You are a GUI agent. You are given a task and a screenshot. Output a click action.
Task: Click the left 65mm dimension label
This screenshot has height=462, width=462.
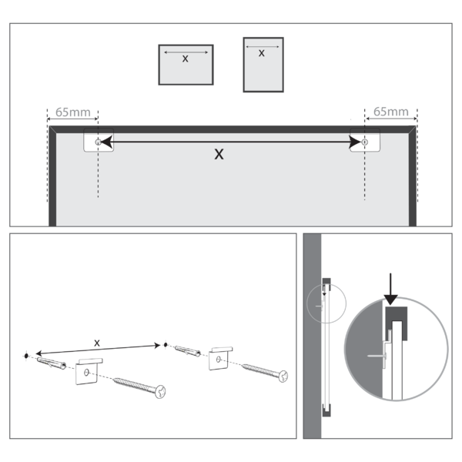click(72, 112)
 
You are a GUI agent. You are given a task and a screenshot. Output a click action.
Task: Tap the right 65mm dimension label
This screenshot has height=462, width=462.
click(391, 112)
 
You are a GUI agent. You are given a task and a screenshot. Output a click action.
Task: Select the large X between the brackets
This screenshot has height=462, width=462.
click(219, 154)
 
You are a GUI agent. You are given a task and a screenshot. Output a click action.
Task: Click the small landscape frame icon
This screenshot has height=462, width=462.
click(186, 65)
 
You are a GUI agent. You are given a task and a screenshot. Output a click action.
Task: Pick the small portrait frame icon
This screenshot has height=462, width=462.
click(262, 65)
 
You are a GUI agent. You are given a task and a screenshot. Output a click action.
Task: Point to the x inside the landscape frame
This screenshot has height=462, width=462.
click(185, 58)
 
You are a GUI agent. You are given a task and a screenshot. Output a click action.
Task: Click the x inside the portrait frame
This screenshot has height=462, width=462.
click(262, 53)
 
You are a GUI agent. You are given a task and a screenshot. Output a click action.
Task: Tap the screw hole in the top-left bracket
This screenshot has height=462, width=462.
click(96, 142)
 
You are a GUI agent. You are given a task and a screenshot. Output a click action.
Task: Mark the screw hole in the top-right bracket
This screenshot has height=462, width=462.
click(365, 142)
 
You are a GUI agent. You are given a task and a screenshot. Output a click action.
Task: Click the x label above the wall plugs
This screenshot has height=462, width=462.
click(96, 341)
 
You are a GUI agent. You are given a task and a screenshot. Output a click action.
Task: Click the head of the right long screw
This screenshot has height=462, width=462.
click(283, 377)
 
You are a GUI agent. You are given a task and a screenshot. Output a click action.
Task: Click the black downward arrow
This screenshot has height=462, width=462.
click(391, 288)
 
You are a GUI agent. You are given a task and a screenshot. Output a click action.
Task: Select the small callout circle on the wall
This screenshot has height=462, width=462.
click(323, 300)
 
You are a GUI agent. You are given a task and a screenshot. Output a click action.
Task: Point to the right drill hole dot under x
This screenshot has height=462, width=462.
click(163, 344)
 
